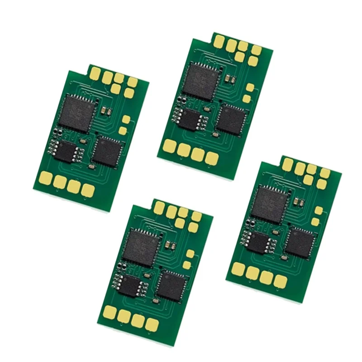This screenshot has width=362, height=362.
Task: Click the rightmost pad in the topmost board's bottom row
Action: [210, 158]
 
